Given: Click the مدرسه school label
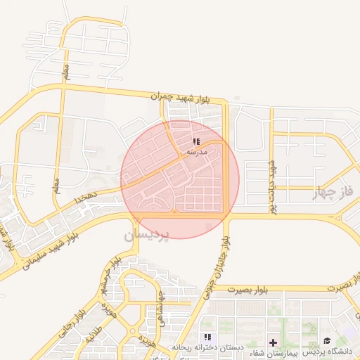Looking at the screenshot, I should (x=196, y=152).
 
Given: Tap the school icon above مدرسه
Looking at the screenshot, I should (x=195, y=141).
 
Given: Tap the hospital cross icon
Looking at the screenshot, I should (x=273, y=342).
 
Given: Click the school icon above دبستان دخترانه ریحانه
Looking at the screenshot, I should (x=207, y=337).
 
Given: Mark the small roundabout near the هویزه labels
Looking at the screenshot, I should (x=133, y=330).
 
